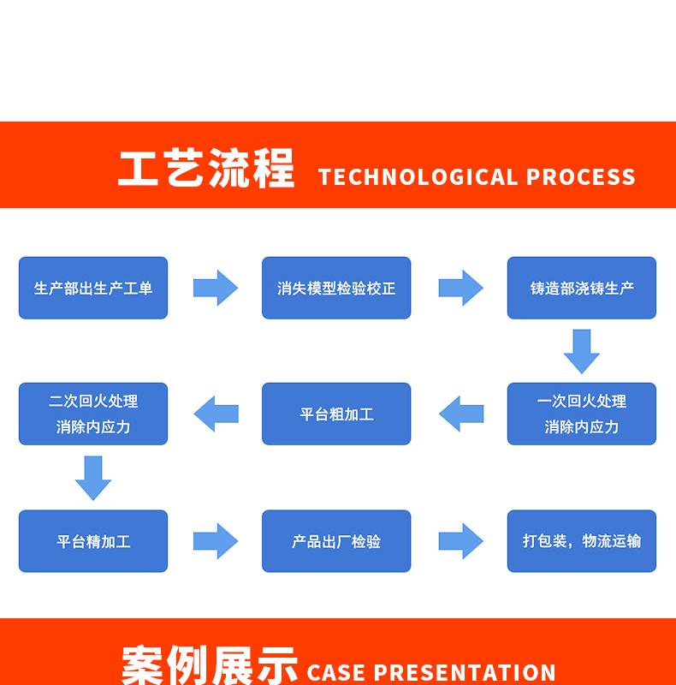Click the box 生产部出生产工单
pyautogui.click(x=93, y=288)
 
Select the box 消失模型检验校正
pyautogui.click(x=336, y=288)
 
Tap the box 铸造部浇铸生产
pyautogui.click(x=582, y=288)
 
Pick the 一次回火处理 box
pyautogui.click(x=582, y=414)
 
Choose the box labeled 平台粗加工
pyautogui.click(x=336, y=414)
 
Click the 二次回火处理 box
pyautogui.click(x=93, y=414)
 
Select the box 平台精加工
pyautogui.click(x=93, y=541)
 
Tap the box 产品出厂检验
pyautogui.click(x=336, y=541)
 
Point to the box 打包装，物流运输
pyautogui.click(x=582, y=541)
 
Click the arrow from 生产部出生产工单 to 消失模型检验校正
pyautogui.click(x=216, y=288)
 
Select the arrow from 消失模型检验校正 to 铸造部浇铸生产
pyautogui.click(x=461, y=288)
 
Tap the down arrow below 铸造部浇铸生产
pyautogui.click(x=582, y=351)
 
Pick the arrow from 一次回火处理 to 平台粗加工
pyautogui.click(x=461, y=414)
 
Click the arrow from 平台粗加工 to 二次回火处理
pyautogui.click(x=216, y=414)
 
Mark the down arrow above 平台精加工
pyautogui.click(x=93, y=478)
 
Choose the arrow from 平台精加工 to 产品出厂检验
pyautogui.click(x=216, y=541)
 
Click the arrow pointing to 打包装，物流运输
pyautogui.click(x=461, y=541)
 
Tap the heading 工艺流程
pyautogui.click(x=206, y=168)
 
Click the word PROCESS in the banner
pyautogui.click(x=581, y=177)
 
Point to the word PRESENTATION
pyautogui.click(x=465, y=672)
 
